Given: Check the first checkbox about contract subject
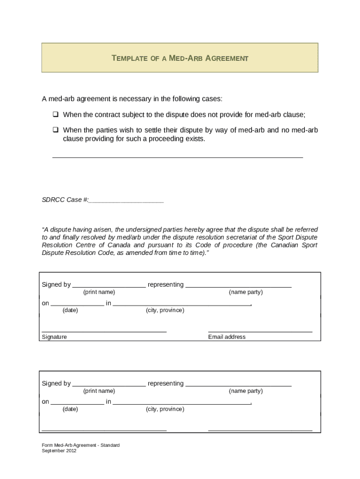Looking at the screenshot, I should click(x=55, y=115).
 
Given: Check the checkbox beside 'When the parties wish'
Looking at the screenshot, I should click(x=55, y=130).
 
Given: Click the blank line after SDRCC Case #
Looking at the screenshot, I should click(x=126, y=201).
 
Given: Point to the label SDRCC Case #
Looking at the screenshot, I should click(x=65, y=200).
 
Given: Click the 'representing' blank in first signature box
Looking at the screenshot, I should click(x=238, y=285).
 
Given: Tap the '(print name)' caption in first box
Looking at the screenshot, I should click(x=99, y=292).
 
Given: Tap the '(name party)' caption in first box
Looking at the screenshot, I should click(x=245, y=292).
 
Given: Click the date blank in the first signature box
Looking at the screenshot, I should click(x=77, y=304).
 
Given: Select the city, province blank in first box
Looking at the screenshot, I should click(x=182, y=304).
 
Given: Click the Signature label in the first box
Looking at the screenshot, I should click(x=54, y=337).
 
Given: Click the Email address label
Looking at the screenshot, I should click(x=227, y=337).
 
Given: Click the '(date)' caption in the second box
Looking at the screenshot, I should click(x=70, y=409).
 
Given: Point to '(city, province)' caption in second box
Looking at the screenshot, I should click(x=165, y=409).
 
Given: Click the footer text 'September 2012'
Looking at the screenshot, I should click(x=59, y=451).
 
